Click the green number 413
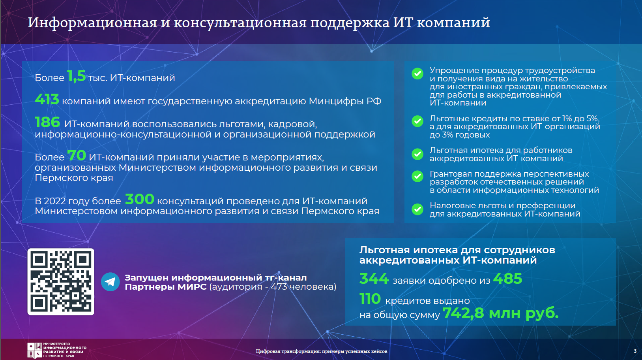tap(47, 99)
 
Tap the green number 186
tap(47, 122)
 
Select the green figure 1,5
tap(76, 76)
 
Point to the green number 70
tap(77, 155)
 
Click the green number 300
tap(140, 199)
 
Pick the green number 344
tap(374, 279)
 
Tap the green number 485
tap(507, 279)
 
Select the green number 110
tap(370, 299)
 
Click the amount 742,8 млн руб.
tap(500, 313)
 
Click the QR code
tap(61, 282)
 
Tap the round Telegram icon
tap(110, 282)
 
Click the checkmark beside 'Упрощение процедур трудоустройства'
tap(417, 74)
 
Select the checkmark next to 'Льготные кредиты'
tap(417, 121)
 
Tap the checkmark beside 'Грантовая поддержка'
tap(417, 177)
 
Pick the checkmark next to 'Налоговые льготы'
tap(417, 209)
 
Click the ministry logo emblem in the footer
tap(35, 350)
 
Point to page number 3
tap(635, 351)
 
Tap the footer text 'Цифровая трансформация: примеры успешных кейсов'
tap(322, 351)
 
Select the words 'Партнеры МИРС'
tap(166, 287)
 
